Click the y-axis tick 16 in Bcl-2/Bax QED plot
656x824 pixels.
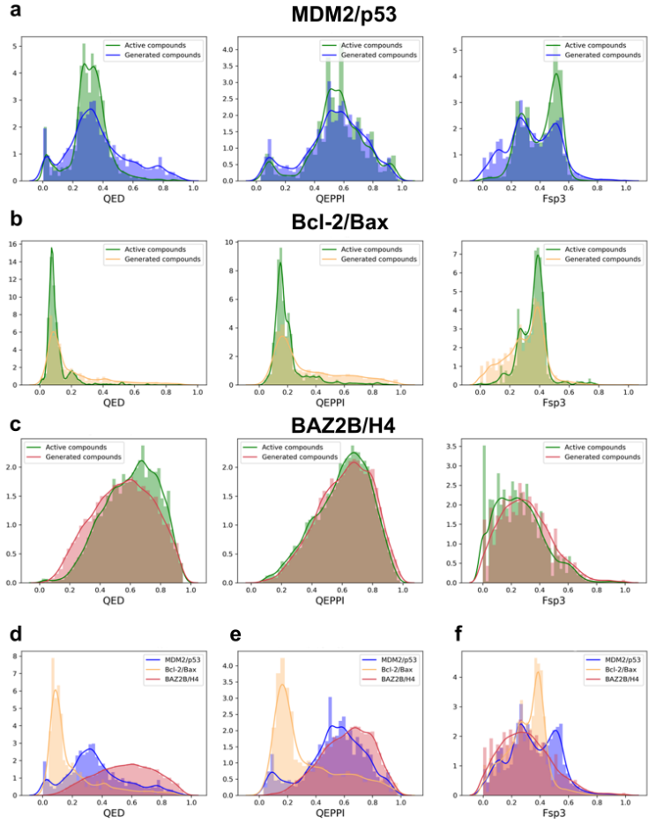click(x=25, y=233)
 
